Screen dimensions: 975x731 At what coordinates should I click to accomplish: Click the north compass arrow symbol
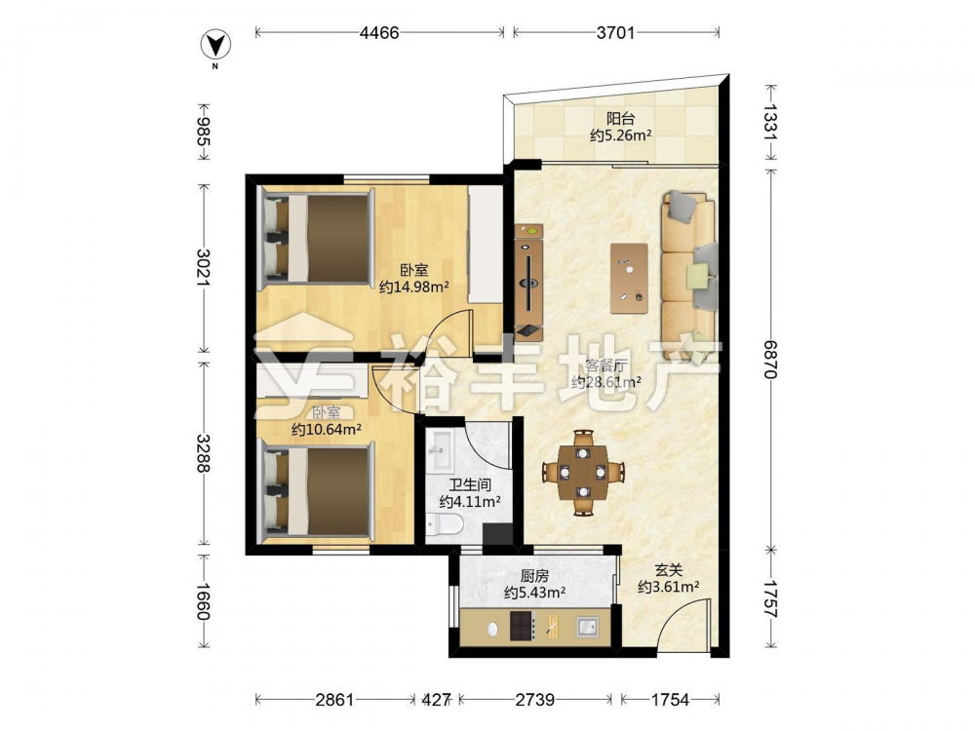[215, 45]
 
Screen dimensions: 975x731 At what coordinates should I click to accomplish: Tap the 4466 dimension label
[379, 33]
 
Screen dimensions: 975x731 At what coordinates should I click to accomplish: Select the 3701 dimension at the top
[615, 33]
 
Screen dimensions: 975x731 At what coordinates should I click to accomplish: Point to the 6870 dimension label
[770, 359]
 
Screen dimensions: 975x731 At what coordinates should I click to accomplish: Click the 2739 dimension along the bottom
[534, 700]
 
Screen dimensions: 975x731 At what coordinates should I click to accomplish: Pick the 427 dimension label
[436, 700]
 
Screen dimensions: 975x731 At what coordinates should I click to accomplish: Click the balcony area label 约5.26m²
[620, 135]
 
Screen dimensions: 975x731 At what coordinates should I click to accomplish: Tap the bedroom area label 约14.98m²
[414, 287]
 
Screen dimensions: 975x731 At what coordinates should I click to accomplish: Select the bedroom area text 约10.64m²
[327, 429]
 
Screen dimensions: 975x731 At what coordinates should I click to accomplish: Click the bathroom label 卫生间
[470, 484]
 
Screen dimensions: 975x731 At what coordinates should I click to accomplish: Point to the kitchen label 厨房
[534, 576]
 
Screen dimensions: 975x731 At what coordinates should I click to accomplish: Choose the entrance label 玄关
[669, 570]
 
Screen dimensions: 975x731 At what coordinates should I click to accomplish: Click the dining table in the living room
[583, 473]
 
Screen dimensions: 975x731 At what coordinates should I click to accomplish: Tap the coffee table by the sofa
[629, 278]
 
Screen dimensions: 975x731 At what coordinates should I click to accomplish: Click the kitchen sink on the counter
[587, 627]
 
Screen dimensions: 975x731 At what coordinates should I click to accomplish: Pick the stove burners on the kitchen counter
[523, 626]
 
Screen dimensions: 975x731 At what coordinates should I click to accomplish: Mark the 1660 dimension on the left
[203, 601]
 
